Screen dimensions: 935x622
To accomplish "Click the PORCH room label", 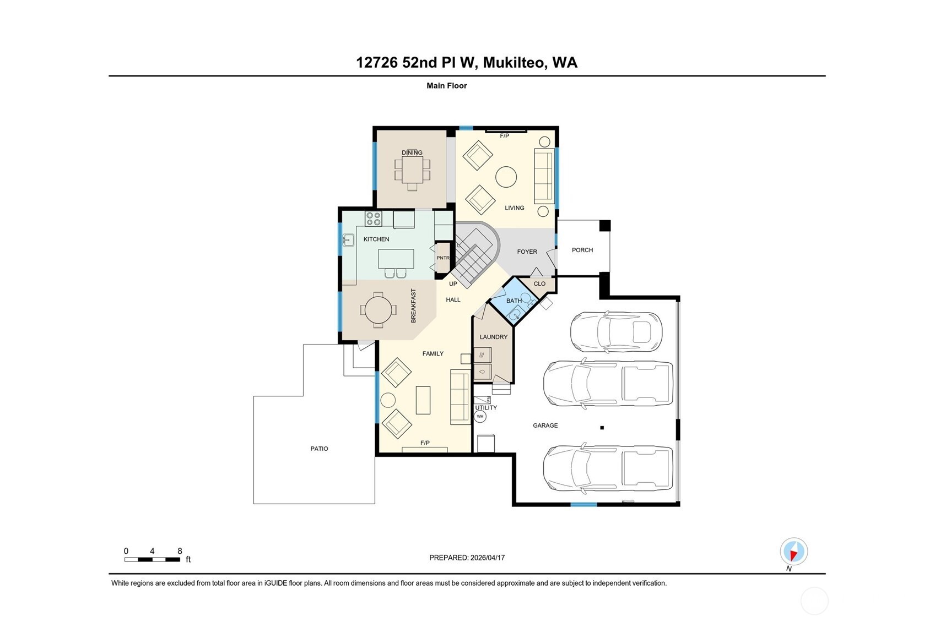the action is tap(582, 250).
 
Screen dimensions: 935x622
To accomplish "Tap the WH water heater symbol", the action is tap(480, 416).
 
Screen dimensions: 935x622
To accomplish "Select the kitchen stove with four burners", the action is tap(374, 219).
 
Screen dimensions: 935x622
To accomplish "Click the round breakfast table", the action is tap(378, 310).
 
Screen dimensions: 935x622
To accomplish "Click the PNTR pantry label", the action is tap(443, 258).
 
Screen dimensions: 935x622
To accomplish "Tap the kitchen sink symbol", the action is tap(348, 240).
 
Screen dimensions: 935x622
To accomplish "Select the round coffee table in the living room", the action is tap(506, 177).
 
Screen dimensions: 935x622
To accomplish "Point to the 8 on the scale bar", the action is tap(180, 551).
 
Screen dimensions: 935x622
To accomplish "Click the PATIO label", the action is tap(320, 449).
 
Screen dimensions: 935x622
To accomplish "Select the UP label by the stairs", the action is tap(453, 284).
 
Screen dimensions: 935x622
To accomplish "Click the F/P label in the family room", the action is tap(425, 443).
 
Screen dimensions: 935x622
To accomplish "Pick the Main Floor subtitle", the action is tap(447, 85).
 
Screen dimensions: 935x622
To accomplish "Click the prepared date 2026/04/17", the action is tap(488, 558).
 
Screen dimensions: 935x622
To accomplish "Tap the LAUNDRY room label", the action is tap(493, 337).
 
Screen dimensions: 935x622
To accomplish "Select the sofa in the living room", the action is tap(544, 176).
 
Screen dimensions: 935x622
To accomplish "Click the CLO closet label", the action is tap(540, 284).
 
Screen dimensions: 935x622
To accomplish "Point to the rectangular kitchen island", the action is tap(396, 259).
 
